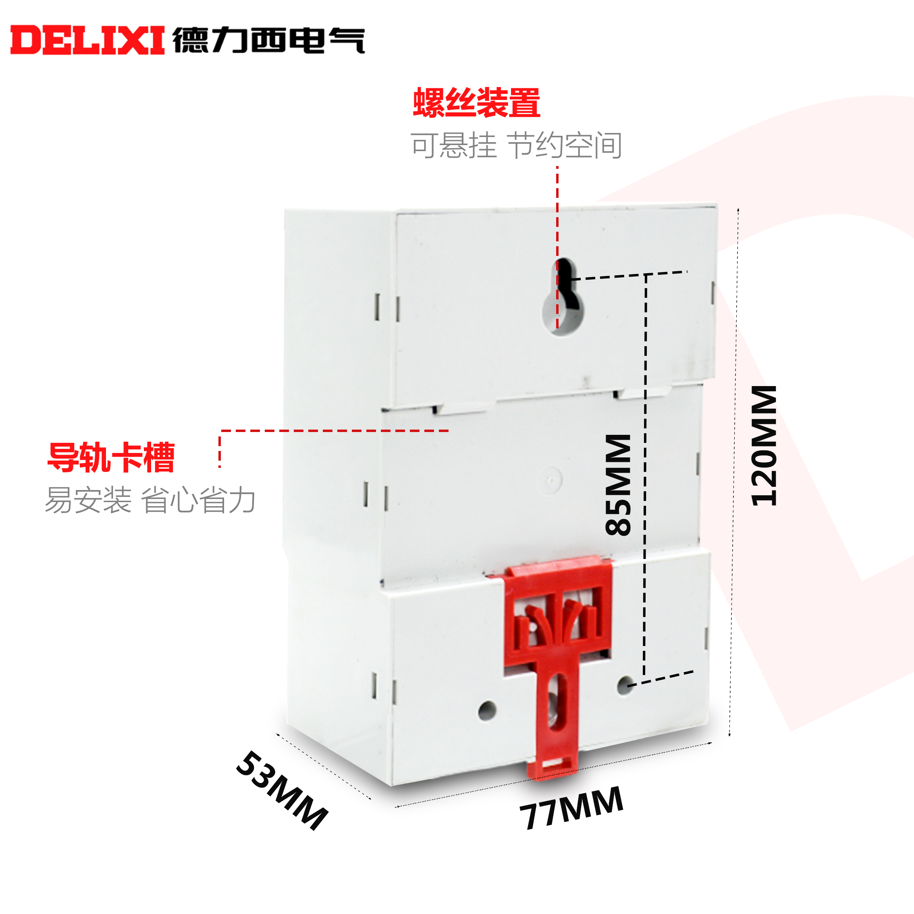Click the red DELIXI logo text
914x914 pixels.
[x=87, y=40]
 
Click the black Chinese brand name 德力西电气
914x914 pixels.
[x=269, y=40]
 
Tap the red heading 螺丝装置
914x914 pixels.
[x=476, y=103]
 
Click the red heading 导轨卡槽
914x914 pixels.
[x=111, y=457]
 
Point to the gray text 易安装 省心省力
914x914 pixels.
[x=150, y=500]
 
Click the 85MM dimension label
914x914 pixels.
[x=618, y=485]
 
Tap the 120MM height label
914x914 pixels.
[x=764, y=446]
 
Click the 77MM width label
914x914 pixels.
[x=571, y=808]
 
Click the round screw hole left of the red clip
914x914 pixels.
[x=487, y=710]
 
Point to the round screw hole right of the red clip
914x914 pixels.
[x=625, y=685]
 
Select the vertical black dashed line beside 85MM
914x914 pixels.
[x=645, y=473]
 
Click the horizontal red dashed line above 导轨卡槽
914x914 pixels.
[x=334, y=430]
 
